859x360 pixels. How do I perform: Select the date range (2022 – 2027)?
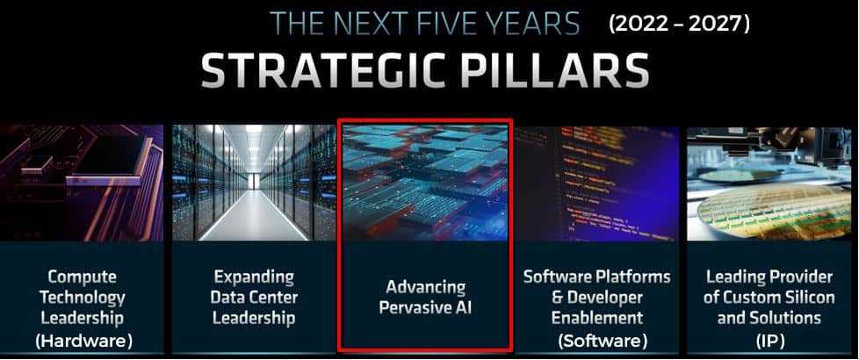(679, 24)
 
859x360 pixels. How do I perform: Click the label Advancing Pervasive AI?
(425, 297)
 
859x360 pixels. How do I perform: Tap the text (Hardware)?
(83, 342)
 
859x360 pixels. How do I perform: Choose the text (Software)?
(603, 342)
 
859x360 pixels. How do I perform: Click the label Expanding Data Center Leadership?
(254, 297)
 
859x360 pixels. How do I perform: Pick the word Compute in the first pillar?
(83, 277)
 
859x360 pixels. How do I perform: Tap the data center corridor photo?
(254, 183)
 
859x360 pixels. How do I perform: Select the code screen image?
(597, 184)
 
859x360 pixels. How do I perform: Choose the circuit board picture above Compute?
(82, 183)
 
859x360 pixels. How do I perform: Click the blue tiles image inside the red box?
(425, 183)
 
